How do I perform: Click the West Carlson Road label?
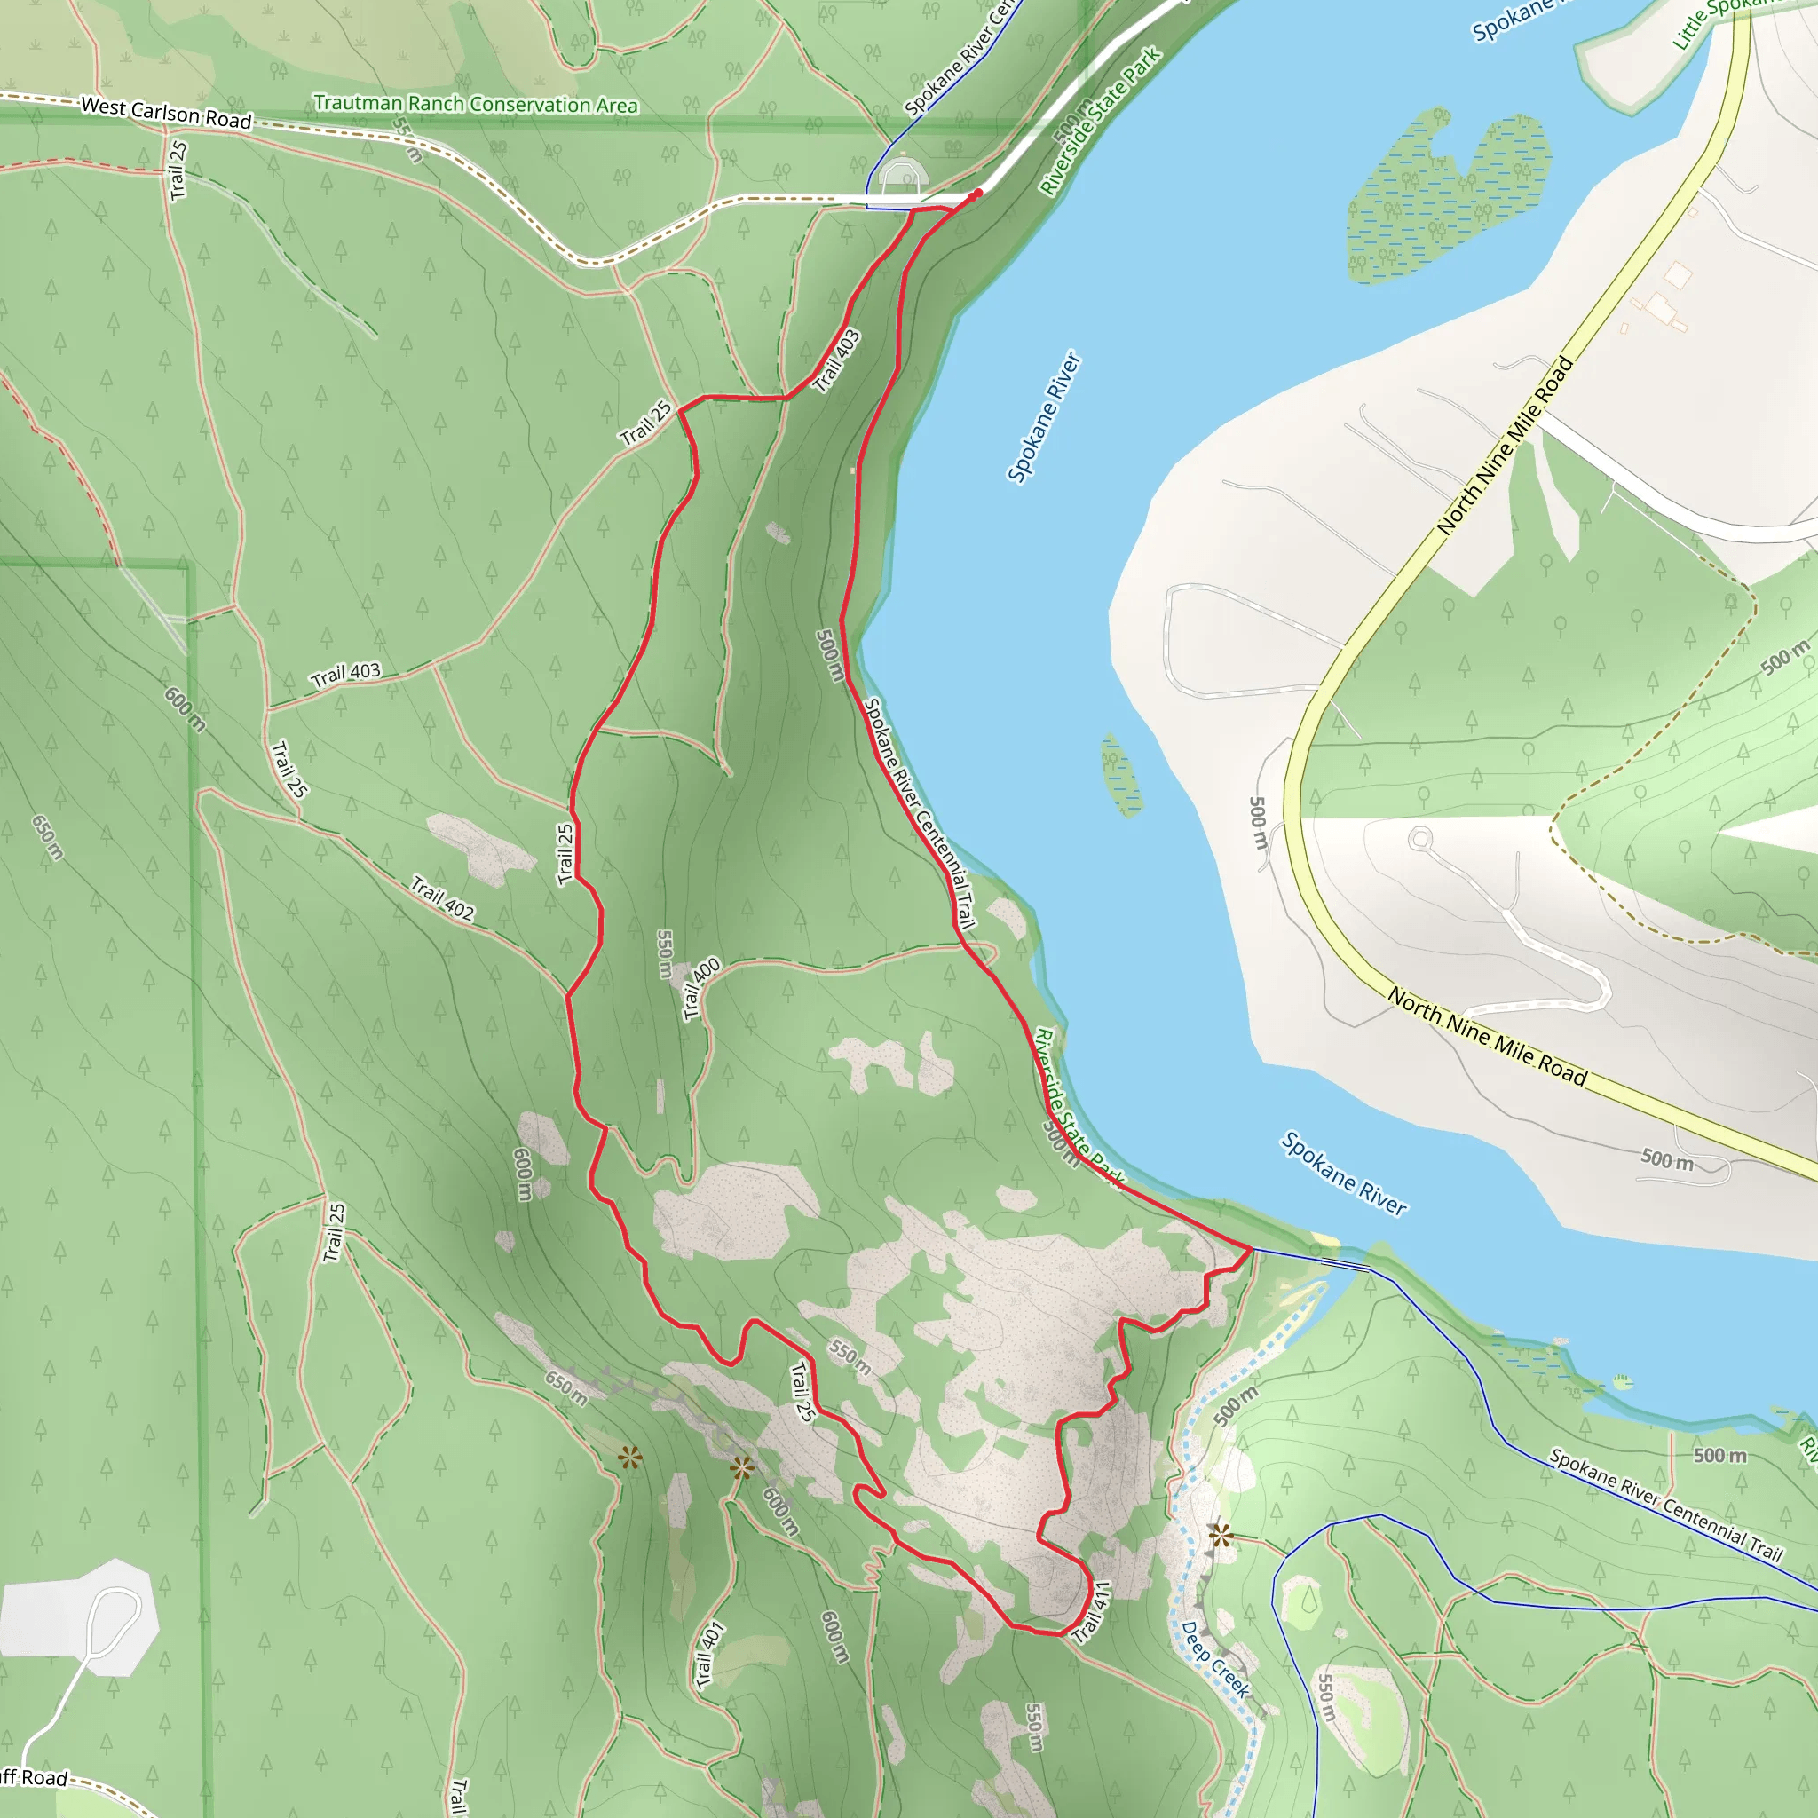pos(167,112)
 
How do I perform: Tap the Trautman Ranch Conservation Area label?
pos(475,104)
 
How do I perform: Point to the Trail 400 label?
pos(701,987)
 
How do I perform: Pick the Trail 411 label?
pos(1092,1612)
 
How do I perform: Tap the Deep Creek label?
pos(1215,1659)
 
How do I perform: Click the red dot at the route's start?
pos(977,193)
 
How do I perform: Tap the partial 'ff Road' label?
pos(34,1776)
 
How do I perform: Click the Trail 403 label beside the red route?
pos(836,360)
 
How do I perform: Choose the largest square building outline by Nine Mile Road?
pos(1678,276)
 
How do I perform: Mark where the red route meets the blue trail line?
pos(1251,1249)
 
